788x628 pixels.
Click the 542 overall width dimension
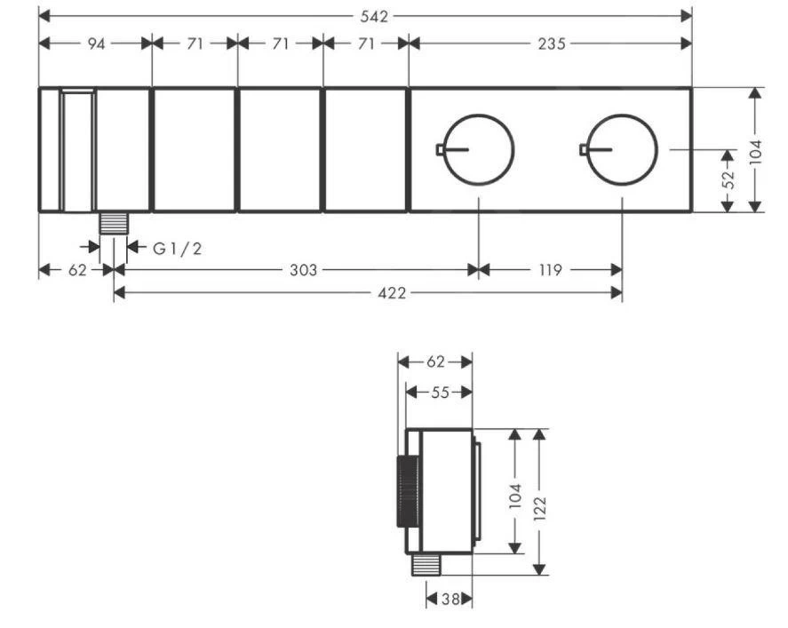[x=374, y=17]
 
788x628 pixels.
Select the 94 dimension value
[x=96, y=44]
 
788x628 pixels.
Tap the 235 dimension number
[x=552, y=44]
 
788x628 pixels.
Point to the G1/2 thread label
[x=177, y=248]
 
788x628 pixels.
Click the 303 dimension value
[x=304, y=270]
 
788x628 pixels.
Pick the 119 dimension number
[x=550, y=270]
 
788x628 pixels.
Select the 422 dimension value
[x=392, y=293]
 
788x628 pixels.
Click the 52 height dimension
[x=728, y=179]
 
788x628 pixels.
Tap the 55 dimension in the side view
[x=441, y=393]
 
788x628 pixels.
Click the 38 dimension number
[x=450, y=599]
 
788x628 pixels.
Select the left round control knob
[x=479, y=150]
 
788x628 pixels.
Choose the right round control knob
[x=622, y=150]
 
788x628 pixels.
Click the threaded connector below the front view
[x=114, y=223]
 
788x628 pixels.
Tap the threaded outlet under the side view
[x=426, y=565]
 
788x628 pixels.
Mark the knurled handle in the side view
[x=408, y=491]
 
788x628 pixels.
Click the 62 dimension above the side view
[x=435, y=362]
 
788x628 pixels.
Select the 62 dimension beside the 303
[x=77, y=270]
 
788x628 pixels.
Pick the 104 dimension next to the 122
[x=515, y=497]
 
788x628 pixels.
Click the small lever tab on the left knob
[x=439, y=149]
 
